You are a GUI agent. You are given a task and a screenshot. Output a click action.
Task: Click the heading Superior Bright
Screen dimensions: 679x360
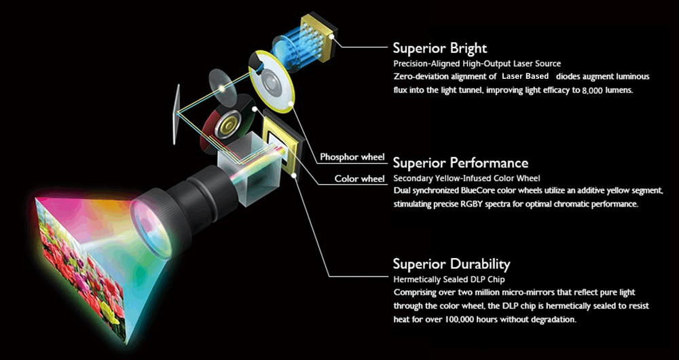(439, 48)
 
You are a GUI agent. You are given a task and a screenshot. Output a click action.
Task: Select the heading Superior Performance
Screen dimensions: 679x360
(460, 163)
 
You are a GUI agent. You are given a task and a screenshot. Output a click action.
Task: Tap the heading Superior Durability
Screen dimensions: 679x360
(452, 264)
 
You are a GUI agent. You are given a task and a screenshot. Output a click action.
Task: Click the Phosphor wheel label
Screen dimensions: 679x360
(352, 157)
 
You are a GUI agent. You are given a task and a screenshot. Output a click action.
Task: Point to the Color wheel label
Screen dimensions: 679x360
(359, 179)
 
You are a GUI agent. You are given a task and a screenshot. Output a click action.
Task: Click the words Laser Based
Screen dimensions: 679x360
(526, 76)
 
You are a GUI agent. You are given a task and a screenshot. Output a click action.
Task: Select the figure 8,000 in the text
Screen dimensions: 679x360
(593, 90)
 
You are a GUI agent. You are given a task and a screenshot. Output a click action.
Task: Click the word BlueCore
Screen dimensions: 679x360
(492, 191)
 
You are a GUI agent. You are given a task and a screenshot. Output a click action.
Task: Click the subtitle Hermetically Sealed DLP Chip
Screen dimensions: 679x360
(449, 279)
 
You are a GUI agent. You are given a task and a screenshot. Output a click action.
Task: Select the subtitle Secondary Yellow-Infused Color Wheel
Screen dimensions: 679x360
(467, 179)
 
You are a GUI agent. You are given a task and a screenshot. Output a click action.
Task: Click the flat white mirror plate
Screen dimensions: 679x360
(177, 114)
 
